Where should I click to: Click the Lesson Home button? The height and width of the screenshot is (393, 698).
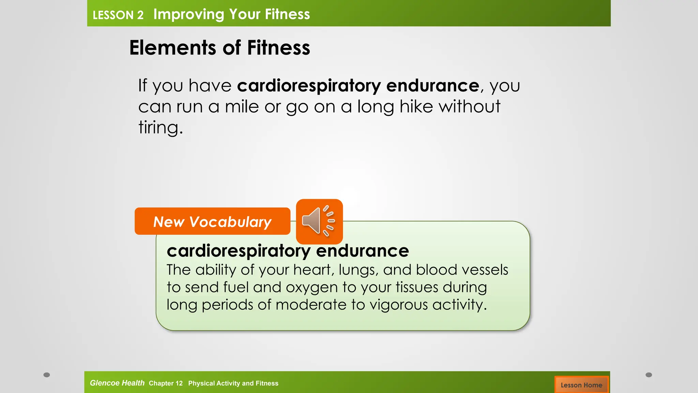coord(581,385)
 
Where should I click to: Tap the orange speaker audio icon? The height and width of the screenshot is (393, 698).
coord(319,221)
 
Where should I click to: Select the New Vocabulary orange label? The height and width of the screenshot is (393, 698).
coord(212,221)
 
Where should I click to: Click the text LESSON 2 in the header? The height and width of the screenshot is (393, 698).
coord(118,15)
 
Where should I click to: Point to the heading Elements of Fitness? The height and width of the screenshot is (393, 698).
coord(219,47)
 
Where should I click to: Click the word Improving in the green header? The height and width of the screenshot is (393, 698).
coord(189,14)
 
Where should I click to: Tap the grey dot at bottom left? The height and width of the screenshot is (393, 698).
coord(47,375)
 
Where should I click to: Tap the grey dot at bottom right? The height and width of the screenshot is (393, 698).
coord(649,375)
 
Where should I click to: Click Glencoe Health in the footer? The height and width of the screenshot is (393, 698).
coord(117,383)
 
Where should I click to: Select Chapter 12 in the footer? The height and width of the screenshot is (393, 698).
coord(166,383)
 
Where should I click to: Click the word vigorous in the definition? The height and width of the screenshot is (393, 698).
coord(398,305)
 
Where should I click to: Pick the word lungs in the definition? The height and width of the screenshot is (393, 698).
coord(358,270)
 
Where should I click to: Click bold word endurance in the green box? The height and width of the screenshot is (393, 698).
coord(362,251)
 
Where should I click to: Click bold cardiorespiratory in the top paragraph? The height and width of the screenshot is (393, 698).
coord(309,85)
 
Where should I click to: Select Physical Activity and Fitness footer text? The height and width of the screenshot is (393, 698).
coord(233,383)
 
